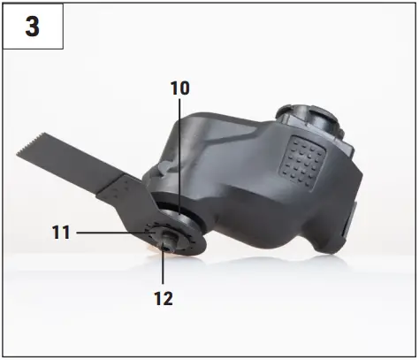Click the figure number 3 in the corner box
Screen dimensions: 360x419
click(32, 27)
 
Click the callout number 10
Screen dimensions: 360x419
click(179, 88)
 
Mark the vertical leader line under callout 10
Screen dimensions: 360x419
click(179, 150)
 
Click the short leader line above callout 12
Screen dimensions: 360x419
click(164, 272)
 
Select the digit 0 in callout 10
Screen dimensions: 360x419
click(185, 88)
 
